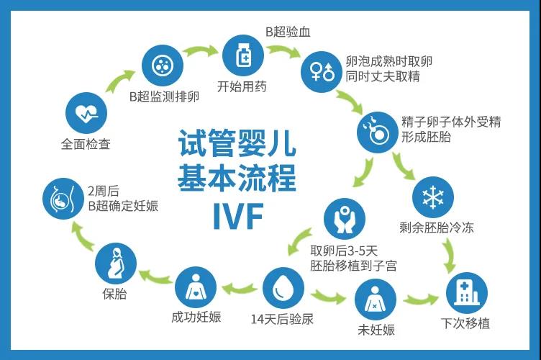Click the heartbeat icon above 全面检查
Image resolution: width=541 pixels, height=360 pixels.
(86, 112)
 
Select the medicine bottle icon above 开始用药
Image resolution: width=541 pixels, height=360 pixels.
(242, 55)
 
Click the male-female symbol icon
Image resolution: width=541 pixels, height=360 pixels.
(321, 71)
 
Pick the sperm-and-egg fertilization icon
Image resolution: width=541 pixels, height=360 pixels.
(378, 130)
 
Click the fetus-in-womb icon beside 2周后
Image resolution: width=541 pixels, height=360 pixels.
(63, 197)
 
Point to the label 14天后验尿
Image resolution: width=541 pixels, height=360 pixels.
(282, 319)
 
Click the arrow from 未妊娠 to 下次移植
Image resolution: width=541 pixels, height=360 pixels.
(421, 297)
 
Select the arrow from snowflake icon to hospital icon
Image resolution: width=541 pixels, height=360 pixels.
(450, 254)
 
